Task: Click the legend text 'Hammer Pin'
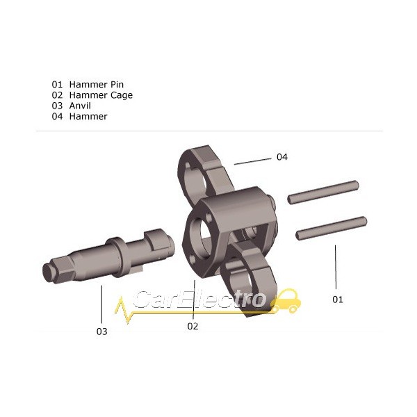pos(97,85)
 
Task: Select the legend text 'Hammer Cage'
pos(101,95)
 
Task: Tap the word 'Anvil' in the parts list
pos(80,106)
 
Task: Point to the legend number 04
pos(57,116)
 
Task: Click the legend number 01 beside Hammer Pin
pos(57,85)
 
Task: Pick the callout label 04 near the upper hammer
pos(282,157)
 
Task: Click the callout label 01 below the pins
pos(338,300)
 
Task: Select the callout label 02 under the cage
pos(193,326)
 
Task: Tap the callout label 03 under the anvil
pos(101,332)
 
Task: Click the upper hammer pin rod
pos(323,192)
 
